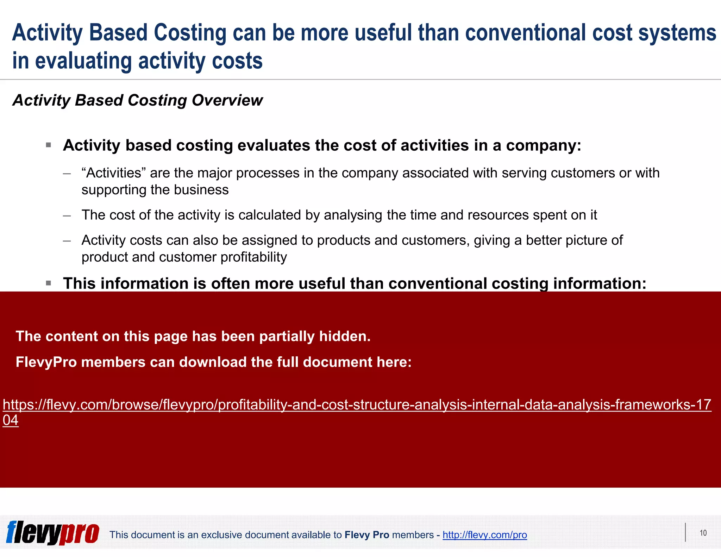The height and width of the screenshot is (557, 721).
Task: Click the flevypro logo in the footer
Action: click(x=53, y=533)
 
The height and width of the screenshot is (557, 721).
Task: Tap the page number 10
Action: click(x=703, y=533)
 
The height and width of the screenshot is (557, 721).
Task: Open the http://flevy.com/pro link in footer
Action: click(x=484, y=535)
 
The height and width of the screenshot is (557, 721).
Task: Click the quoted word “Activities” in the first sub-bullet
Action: click(x=114, y=173)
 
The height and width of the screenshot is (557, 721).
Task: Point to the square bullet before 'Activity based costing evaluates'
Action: click(x=49, y=145)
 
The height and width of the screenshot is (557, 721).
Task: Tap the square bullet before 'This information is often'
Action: click(x=49, y=283)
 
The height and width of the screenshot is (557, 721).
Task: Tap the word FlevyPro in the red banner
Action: click(x=46, y=362)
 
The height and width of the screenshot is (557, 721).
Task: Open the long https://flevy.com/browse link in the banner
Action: click(x=356, y=405)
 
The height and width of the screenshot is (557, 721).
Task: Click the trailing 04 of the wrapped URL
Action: click(x=11, y=420)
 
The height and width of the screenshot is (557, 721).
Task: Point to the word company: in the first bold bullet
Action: click(x=544, y=145)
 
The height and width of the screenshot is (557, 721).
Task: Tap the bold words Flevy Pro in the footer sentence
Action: click(x=366, y=535)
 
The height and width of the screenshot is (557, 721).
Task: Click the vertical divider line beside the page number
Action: click(x=685, y=532)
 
